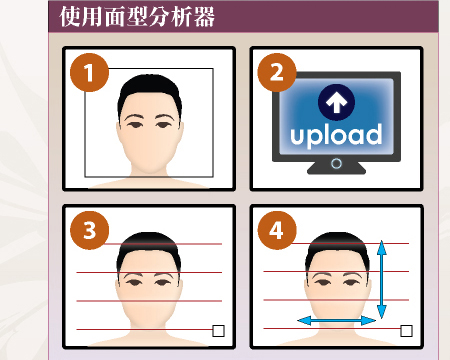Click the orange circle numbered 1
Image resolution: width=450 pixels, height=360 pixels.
click(89, 72)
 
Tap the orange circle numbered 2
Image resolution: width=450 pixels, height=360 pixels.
click(277, 72)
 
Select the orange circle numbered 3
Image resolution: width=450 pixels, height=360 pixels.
click(89, 230)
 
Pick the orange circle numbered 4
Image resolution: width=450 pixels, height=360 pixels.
click(277, 230)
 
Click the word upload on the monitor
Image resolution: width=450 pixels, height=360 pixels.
click(336, 135)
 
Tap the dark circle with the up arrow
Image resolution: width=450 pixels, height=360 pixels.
click(336, 102)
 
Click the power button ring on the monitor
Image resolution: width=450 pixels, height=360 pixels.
click(336, 164)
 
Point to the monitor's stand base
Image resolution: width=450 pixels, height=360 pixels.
click(336, 168)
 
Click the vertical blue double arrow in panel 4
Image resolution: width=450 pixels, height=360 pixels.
click(382, 279)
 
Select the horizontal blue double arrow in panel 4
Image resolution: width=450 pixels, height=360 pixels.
click(336, 321)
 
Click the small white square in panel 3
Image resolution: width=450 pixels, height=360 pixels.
click(218, 331)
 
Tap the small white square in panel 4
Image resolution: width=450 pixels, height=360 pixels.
click(406, 331)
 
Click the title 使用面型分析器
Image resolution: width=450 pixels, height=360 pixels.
click(137, 17)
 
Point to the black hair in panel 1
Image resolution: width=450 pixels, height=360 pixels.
click(150, 88)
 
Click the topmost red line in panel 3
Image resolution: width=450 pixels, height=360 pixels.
click(162, 244)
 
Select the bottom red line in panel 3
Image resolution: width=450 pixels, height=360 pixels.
click(145, 329)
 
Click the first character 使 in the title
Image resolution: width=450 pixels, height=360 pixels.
click(70, 17)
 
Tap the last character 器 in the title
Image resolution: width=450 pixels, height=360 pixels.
click(204, 17)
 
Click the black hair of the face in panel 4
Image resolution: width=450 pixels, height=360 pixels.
click(337, 246)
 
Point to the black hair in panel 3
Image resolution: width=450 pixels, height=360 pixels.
click(149, 246)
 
